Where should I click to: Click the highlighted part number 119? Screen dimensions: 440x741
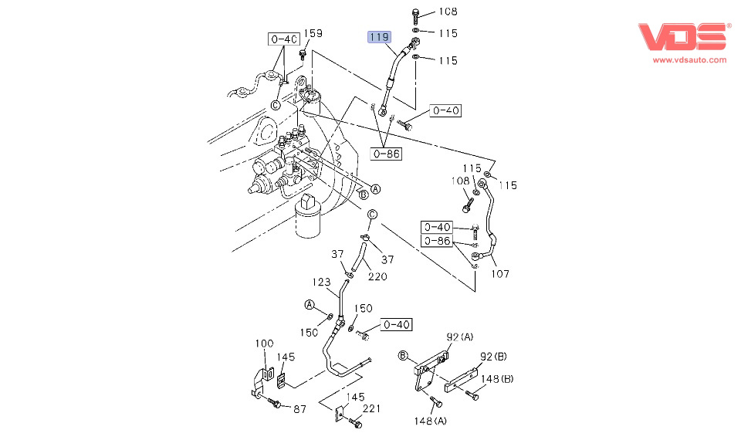(x=380, y=36)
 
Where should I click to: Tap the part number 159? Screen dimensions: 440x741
(x=313, y=33)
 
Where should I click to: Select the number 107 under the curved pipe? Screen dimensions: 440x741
(x=499, y=273)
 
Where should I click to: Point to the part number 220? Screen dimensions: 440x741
(x=377, y=276)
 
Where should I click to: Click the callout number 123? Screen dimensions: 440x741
(x=322, y=282)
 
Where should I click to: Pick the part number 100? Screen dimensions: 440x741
(x=265, y=343)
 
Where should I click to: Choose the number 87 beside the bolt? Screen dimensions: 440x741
(x=299, y=408)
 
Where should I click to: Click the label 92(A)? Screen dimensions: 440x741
(x=460, y=337)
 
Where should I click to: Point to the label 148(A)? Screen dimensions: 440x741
(x=430, y=421)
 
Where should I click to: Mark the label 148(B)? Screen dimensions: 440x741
(x=497, y=378)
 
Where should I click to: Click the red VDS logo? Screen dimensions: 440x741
(x=683, y=38)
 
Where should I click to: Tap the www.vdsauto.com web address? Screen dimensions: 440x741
(x=690, y=59)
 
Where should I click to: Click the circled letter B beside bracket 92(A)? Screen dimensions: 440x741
(x=402, y=355)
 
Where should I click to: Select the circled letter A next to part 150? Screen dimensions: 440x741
(x=309, y=305)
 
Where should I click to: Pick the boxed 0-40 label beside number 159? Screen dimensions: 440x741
(x=283, y=39)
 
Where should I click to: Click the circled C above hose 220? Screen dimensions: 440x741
(x=371, y=214)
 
